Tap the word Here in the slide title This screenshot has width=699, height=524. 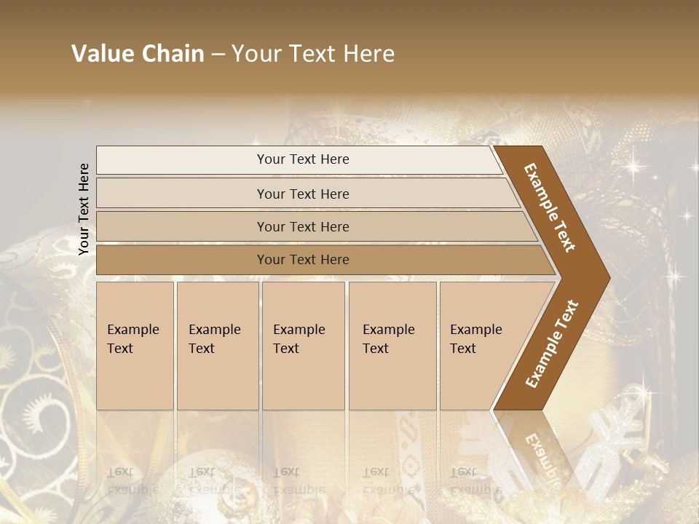[x=368, y=54]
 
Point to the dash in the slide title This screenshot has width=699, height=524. [x=218, y=55]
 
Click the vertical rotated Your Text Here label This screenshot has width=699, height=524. [x=84, y=209]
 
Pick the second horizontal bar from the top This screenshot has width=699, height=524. [x=303, y=194]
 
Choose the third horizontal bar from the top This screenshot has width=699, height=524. [x=303, y=226]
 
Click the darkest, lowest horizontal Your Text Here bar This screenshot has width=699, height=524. [x=303, y=260]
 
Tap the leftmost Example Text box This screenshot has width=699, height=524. [x=135, y=345]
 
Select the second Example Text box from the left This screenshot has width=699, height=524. [x=217, y=345]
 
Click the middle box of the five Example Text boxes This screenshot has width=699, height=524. [x=303, y=345]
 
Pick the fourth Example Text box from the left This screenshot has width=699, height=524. [x=392, y=345]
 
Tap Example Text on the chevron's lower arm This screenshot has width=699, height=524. [x=552, y=344]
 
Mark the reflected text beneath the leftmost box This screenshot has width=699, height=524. [x=133, y=480]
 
